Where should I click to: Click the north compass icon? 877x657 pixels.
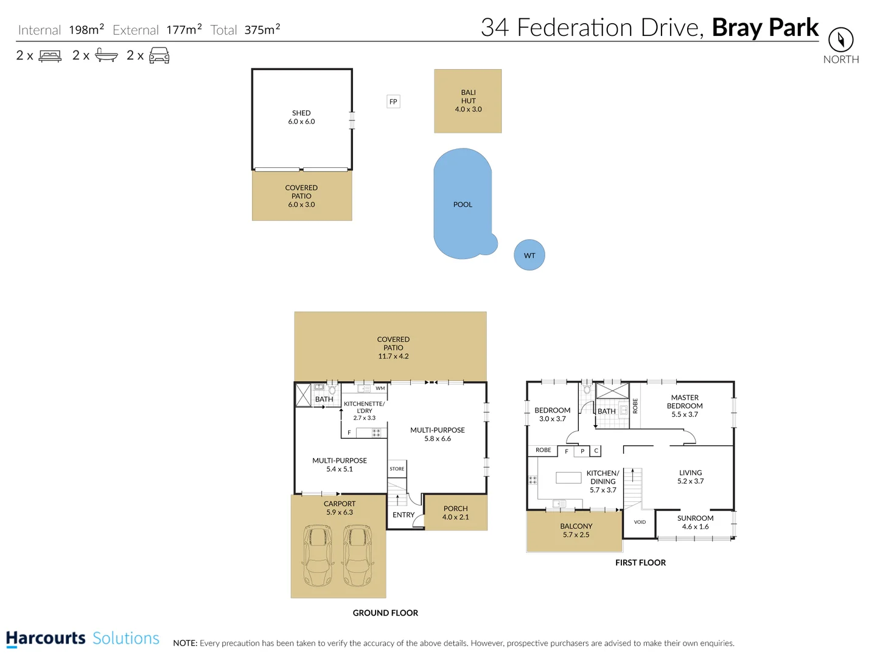coord(840,40)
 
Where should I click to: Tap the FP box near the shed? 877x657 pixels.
coord(393,102)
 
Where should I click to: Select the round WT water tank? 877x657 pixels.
coord(529,255)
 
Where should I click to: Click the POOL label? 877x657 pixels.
coord(463,204)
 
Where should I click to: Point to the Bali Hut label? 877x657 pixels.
coord(468,101)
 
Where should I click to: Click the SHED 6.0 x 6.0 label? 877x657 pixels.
coord(301,117)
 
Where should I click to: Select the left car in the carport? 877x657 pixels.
coord(318,555)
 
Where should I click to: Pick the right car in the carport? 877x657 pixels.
coord(357,555)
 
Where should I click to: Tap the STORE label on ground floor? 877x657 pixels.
coord(397,468)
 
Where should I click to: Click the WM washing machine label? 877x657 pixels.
coord(380,388)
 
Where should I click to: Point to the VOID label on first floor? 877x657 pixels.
coord(640,522)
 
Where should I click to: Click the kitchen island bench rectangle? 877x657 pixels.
coord(568,478)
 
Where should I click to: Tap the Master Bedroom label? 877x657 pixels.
coord(685,406)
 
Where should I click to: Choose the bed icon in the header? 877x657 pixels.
coord(50,56)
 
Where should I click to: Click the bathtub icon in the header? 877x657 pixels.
coord(107,56)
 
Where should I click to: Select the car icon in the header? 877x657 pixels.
coord(159,56)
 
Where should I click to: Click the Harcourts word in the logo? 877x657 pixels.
coord(46,638)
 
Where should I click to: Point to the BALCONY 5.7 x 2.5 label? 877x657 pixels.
coord(576,530)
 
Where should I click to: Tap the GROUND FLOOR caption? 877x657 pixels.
coord(385,613)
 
